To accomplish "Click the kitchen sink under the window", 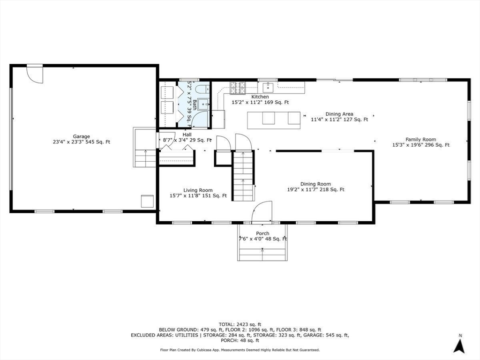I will click(x=268, y=87).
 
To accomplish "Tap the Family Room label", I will click(x=420, y=139).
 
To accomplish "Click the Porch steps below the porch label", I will click(x=262, y=254).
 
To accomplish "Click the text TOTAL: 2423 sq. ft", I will click(x=240, y=324).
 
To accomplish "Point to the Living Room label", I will click(x=198, y=190).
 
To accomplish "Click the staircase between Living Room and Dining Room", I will click(x=243, y=176).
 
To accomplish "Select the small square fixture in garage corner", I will click(x=147, y=202).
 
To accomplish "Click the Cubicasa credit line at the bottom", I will click(x=240, y=350).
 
